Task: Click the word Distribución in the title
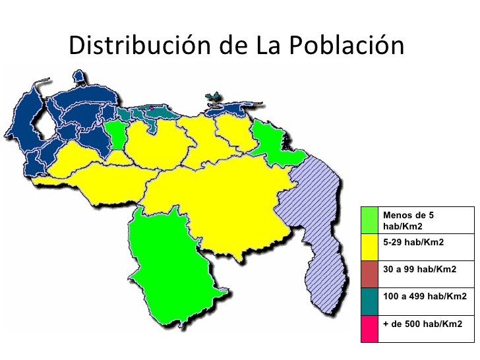138,45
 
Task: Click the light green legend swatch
369,220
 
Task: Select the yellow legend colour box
369,247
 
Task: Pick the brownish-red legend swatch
369,274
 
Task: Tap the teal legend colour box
369,301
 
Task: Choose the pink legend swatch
369,328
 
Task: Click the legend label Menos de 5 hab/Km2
409,220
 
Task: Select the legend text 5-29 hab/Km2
413,242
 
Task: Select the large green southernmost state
171,264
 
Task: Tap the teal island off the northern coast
213,97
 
